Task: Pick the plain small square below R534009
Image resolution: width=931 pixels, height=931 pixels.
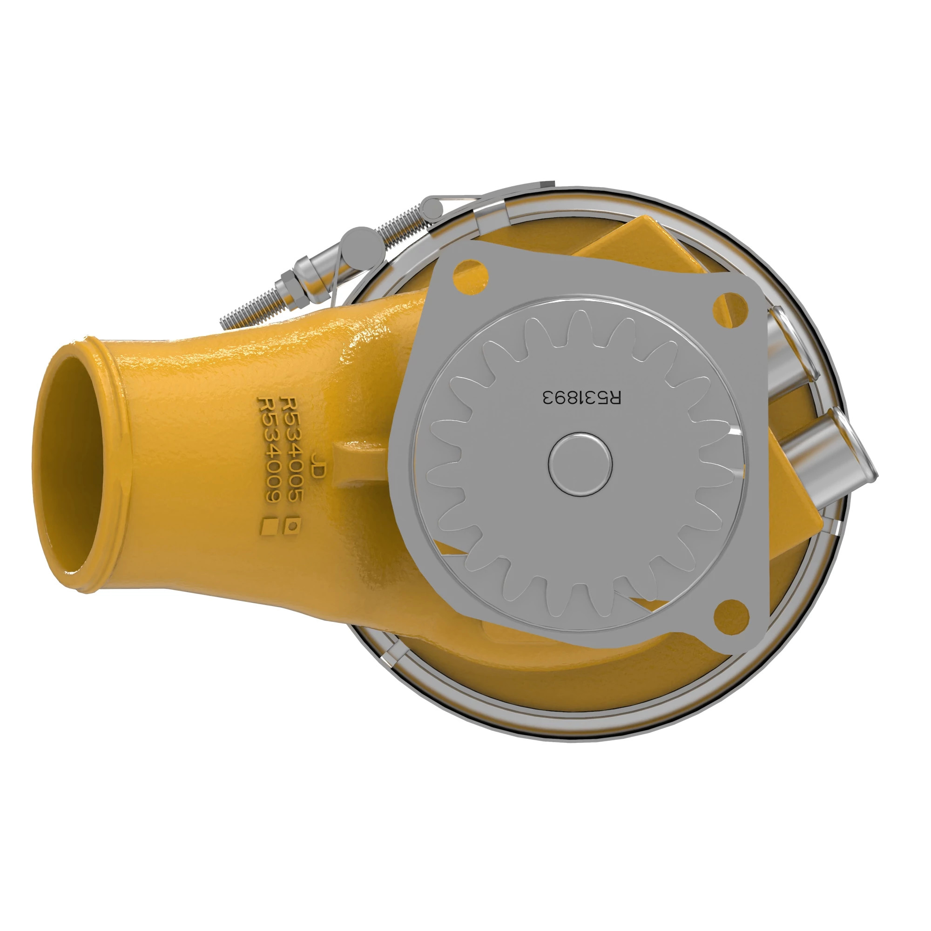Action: [x=268, y=526]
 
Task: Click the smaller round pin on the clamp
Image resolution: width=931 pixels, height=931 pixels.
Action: [x=432, y=209]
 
